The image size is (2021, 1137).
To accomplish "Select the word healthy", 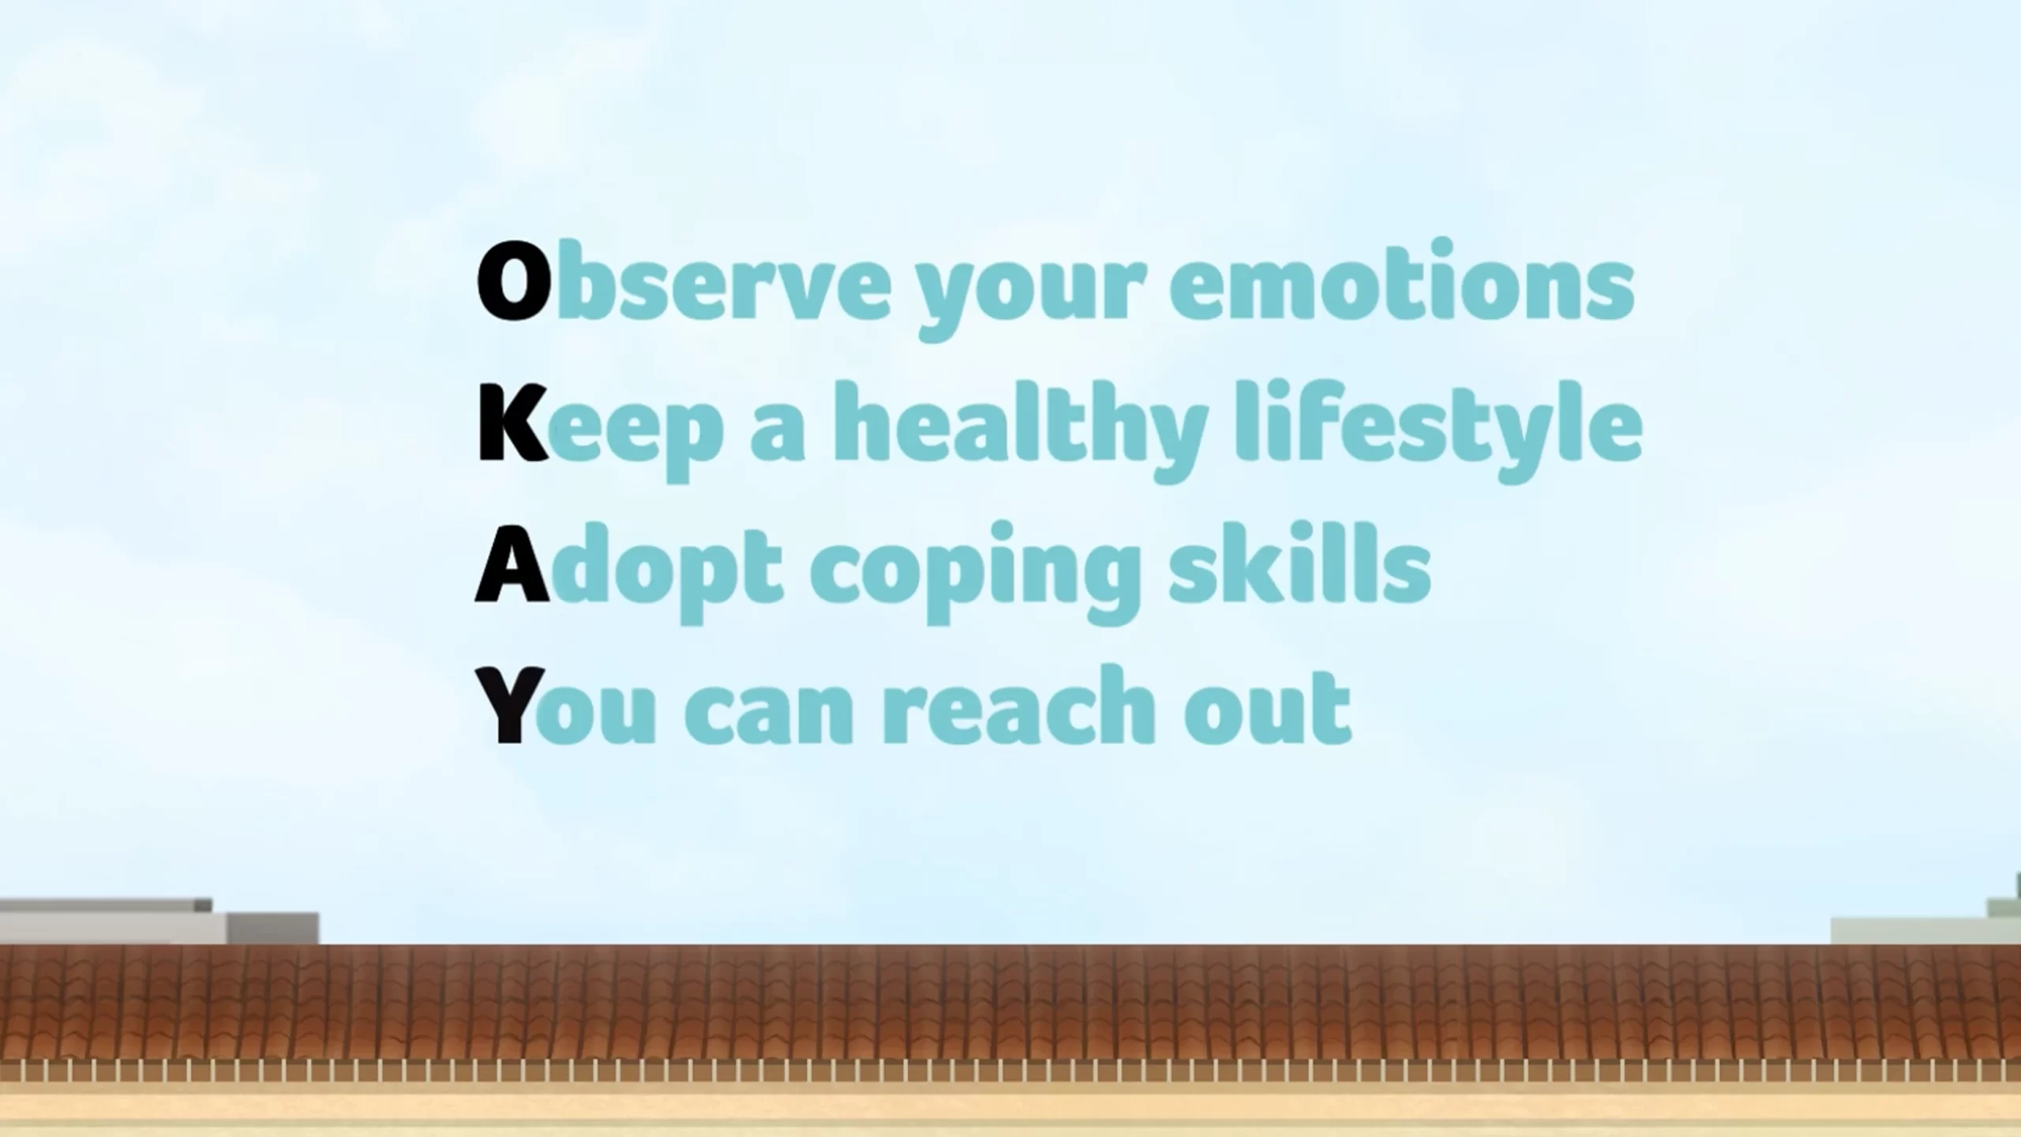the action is (x=1021, y=430).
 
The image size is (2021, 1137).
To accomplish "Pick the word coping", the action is (x=976, y=572).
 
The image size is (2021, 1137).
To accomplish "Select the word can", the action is (x=768, y=715).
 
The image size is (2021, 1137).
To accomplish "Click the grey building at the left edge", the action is (x=159, y=921).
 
